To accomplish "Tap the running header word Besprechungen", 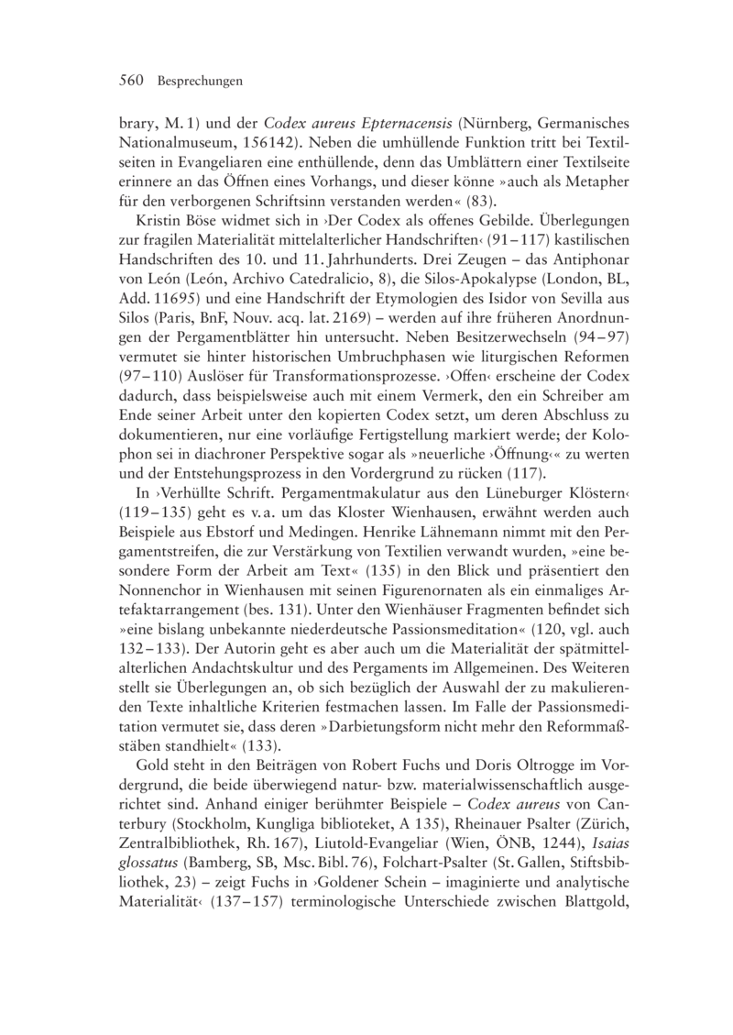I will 199,82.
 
